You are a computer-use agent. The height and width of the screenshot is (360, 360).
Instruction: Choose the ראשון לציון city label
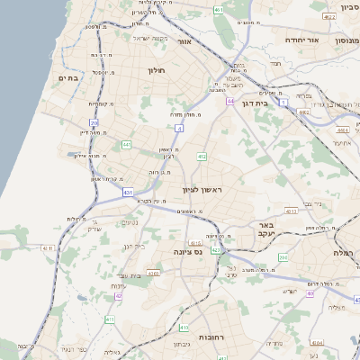click(x=202, y=190)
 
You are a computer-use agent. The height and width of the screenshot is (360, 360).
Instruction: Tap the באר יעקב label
click(x=265, y=229)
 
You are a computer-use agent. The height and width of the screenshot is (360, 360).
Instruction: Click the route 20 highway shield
click(x=94, y=121)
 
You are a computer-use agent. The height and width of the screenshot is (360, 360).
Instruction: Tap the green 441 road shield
click(x=127, y=144)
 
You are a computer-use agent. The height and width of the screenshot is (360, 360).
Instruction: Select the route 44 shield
click(x=230, y=102)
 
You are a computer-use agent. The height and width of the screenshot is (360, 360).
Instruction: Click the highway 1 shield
click(x=283, y=103)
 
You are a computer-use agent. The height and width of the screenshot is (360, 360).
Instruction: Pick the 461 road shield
click(x=220, y=9)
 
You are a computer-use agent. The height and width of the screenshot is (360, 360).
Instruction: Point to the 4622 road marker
click(x=329, y=16)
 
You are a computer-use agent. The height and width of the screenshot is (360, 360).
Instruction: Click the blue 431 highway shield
click(x=129, y=193)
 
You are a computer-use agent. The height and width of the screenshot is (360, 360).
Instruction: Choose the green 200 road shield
click(x=283, y=257)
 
